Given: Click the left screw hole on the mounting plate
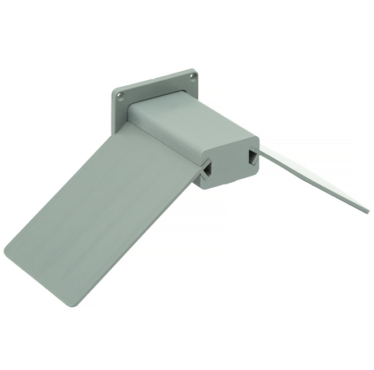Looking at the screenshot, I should point(120,96).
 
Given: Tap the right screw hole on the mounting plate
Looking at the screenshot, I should point(192,77).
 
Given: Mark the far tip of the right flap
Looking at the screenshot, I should point(367,210).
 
